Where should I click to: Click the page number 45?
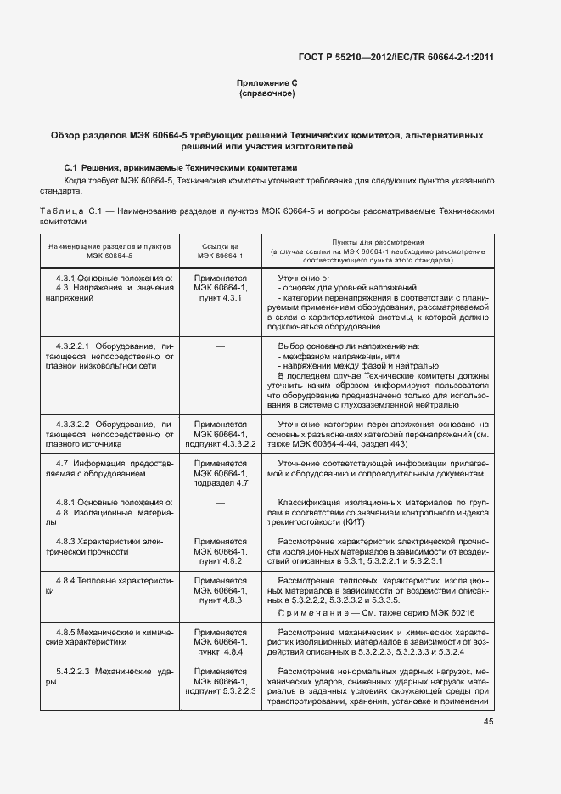[x=488, y=722]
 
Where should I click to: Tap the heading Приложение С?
[x=267, y=82]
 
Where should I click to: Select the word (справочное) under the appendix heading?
[x=267, y=93]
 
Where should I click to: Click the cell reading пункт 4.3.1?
[x=221, y=298]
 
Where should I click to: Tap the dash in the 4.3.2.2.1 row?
[x=221, y=346]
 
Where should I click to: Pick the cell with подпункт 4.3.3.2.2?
[x=221, y=443]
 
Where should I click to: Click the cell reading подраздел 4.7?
[x=221, y=483]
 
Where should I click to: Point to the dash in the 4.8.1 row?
[x=221, y=503]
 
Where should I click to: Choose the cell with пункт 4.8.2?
[x=221, y=561]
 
